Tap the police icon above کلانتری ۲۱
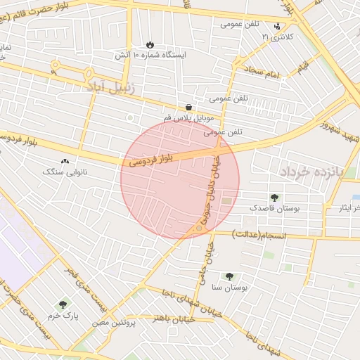[x=276, y=26]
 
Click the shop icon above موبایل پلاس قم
[x=189, y=107]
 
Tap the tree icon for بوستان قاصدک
[x=274, y=198]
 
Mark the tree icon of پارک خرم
[x=63, y=305]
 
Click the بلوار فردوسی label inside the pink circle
[x=150, y=157]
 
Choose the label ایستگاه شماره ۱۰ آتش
[x=149, y=54]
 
